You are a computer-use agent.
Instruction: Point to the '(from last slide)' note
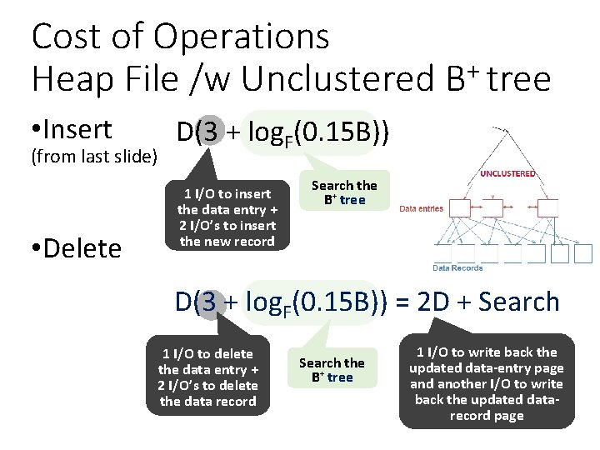pos(94,156)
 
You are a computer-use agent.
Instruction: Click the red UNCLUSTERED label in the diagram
pos(507,174)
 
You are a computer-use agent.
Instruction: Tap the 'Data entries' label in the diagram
pos(422,208)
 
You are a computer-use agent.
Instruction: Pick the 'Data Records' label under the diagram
pos(457,267)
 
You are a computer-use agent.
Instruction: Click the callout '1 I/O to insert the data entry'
pos(227,217)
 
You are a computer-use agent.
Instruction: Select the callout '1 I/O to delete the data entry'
pos(207,377)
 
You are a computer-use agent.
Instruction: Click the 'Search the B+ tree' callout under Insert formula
pos(343,192)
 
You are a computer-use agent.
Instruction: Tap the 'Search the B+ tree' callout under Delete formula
pos(332,370)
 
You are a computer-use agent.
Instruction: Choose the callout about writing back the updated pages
pos(487,383)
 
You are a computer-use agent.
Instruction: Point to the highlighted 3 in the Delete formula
pos(210,302)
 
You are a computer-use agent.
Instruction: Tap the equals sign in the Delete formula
pos(400,302)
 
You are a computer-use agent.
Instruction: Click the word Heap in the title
pos(71,79)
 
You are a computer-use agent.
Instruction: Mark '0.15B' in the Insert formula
pos(338,132)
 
